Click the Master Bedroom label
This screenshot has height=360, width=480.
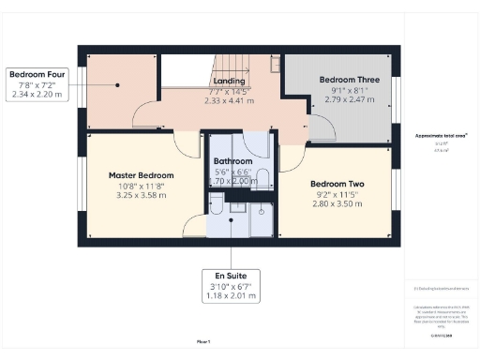coord(141,175)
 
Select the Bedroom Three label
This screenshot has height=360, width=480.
coord(343,80)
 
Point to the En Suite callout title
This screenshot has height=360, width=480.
coord(231,277)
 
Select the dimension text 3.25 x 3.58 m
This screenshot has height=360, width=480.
coord(141,196)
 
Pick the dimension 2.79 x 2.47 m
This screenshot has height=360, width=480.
coord(343,99)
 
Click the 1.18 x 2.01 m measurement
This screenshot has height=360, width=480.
coord(231,296)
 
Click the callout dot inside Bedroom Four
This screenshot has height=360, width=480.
coord(118,84)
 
